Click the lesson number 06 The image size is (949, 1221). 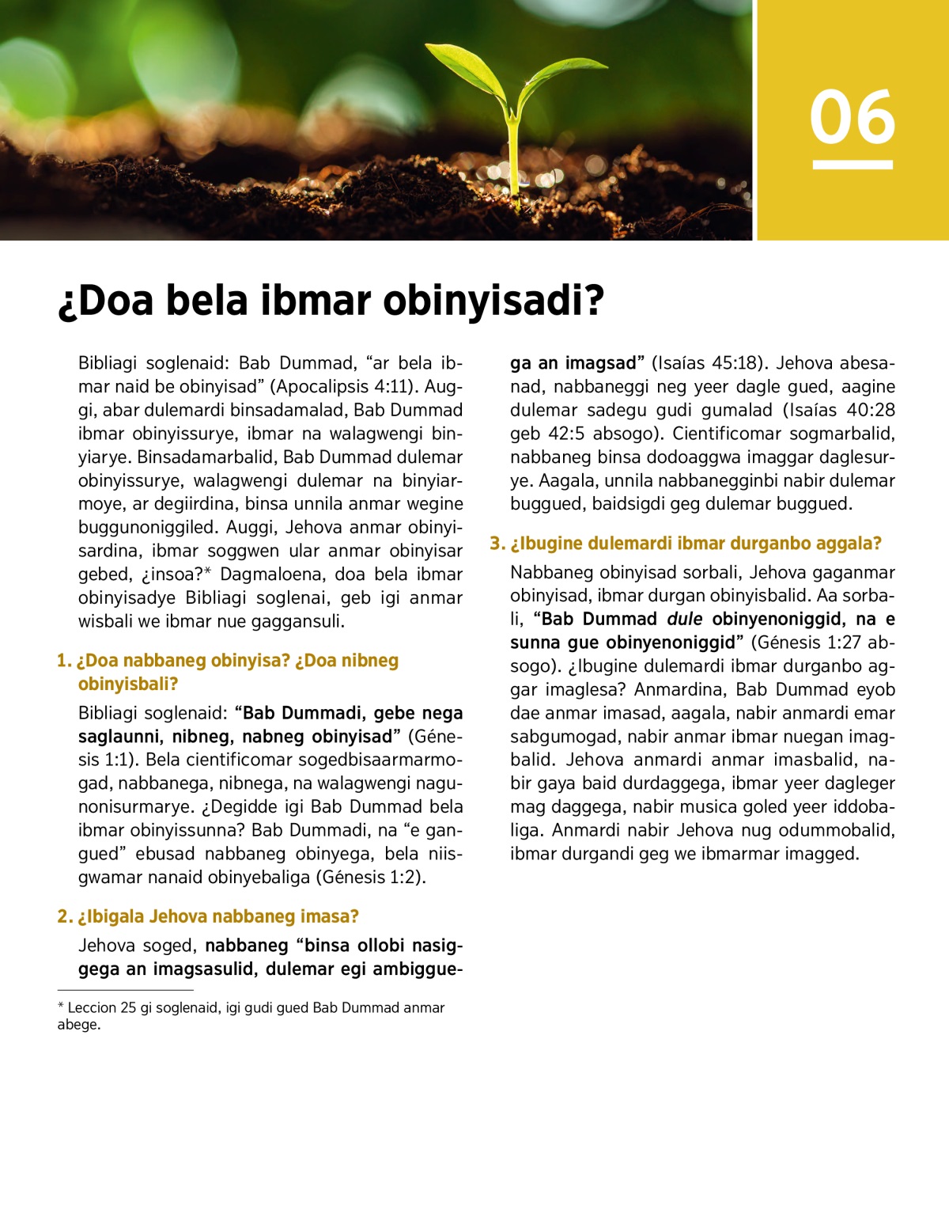[x=852, y=117]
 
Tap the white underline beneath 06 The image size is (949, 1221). [x=852, y=165]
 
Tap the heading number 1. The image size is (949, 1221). [x=63, y=661]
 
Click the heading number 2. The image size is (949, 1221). [x=64, y=917]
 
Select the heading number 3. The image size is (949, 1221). [x=496, y=544]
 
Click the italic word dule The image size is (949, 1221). [x=684, y=619]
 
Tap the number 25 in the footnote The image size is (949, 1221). [x=129, y=1008]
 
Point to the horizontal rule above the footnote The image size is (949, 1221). [x=125, y=990]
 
